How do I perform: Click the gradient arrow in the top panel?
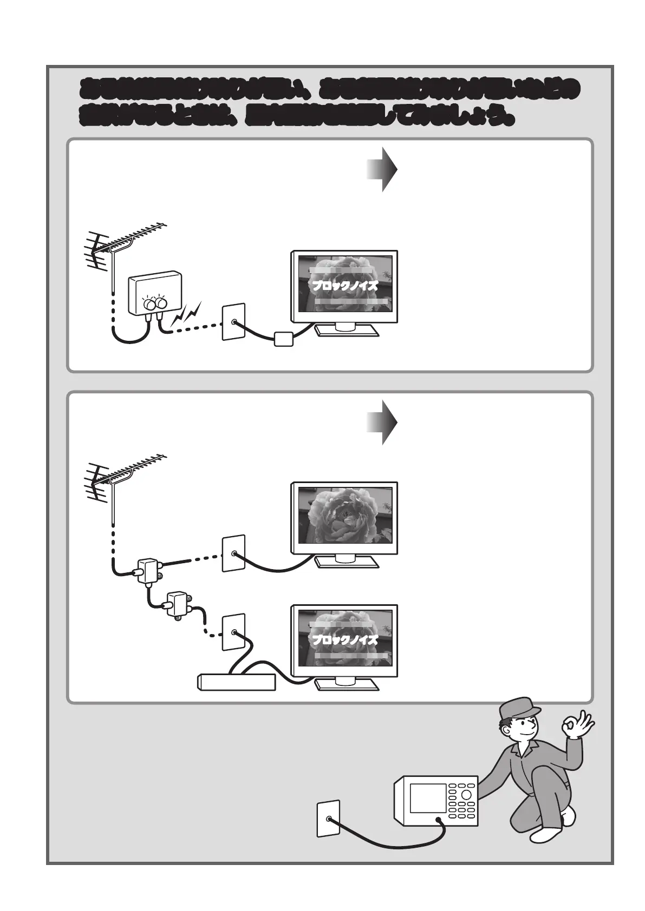(382, 169)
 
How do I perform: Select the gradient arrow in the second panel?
(382, 423)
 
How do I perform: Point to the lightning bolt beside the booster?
(187, 317)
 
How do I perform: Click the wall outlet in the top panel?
(233, 322)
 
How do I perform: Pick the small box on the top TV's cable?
(284, 339)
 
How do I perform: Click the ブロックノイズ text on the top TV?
(344, 286)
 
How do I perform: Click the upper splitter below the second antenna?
(147, 571)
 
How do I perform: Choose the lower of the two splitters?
(178, 604)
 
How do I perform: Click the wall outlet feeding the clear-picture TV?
(233, 553)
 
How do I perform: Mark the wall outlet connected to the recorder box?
(233, 632)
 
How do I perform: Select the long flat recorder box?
(237, 682)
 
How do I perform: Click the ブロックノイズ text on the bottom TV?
(344, 640)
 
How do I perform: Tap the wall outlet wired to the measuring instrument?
(328, 818)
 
